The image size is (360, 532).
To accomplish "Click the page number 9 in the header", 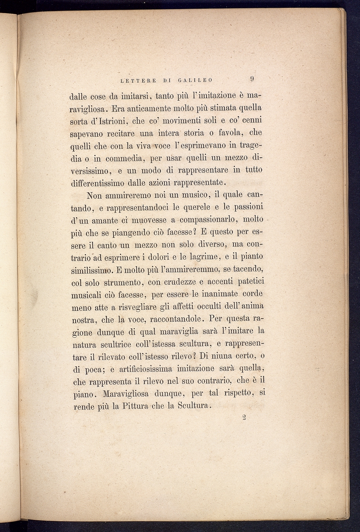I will click(252, 79).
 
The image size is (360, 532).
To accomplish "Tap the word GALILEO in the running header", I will click(195, 80).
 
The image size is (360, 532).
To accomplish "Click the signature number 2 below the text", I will click(244, 418).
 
